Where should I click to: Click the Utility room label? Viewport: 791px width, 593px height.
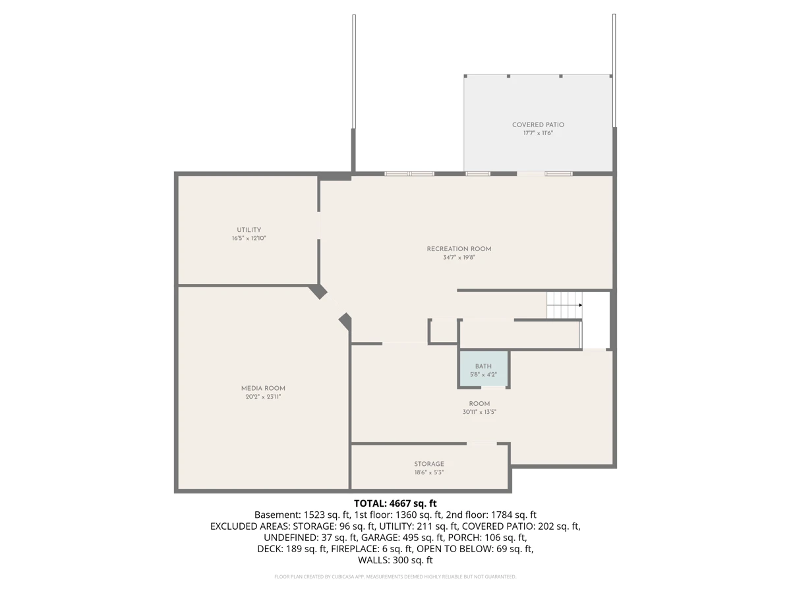249,230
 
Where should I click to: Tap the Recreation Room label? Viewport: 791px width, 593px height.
459,249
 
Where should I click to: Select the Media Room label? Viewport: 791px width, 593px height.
263,388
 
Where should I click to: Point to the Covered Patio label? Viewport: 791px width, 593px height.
538,125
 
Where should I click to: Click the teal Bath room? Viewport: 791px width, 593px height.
483,370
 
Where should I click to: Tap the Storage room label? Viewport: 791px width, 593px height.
429,464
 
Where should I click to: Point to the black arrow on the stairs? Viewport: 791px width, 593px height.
580,305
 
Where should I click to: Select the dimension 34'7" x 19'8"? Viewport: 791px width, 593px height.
459,257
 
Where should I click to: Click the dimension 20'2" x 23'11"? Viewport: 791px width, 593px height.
263,397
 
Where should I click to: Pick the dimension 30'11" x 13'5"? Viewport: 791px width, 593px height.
479,412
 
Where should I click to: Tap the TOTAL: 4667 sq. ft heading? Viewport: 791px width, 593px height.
395,503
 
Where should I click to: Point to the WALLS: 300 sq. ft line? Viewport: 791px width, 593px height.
395,560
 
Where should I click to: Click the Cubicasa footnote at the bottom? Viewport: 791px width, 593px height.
395,577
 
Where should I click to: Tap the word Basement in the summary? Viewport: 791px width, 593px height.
276,515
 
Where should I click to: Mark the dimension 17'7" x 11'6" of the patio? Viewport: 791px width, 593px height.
538,133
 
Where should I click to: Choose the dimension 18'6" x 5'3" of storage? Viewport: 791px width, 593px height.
429,472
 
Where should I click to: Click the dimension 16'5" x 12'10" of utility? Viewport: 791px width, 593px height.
249,238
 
